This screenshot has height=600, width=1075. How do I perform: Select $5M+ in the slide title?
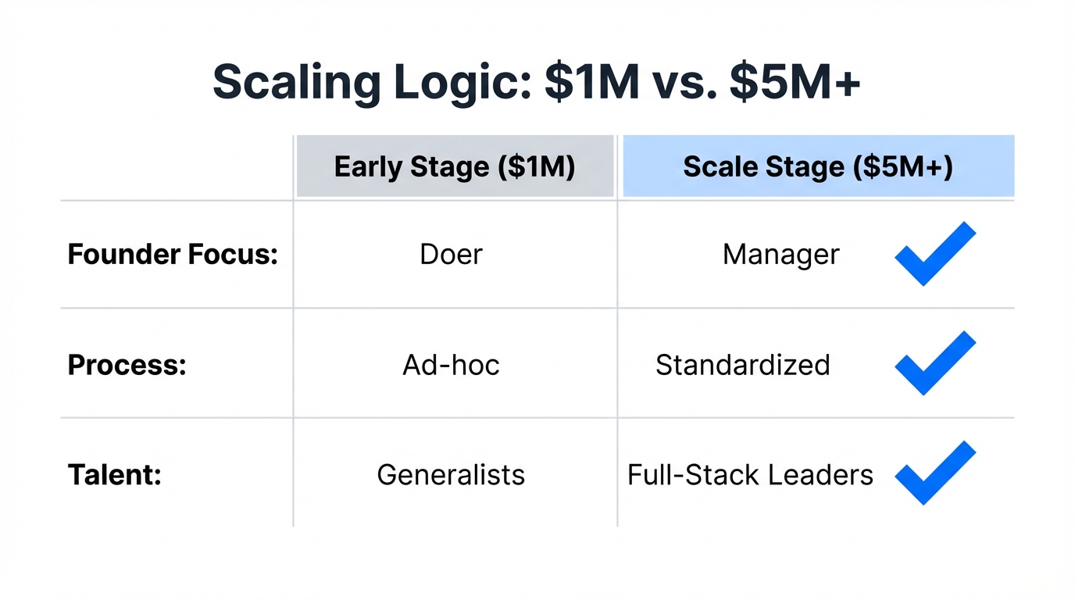[795, 82]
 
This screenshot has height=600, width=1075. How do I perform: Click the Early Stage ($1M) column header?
[455, 167]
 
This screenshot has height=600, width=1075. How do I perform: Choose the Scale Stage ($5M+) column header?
[818, 167]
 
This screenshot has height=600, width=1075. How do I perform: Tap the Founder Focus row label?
[173, 255]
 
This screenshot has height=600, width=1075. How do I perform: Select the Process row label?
[127, 365]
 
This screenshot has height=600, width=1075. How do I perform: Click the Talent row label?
[115, 475]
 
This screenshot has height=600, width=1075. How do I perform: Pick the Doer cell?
[452, 255]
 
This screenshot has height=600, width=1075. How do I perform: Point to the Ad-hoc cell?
[452, 365]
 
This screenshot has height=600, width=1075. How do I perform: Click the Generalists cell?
[451, 475]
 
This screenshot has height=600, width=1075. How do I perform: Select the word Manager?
[780, 255]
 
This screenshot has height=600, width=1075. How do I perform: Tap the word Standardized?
[742, 365]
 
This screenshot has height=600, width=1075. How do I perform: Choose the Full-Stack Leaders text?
[750, 475]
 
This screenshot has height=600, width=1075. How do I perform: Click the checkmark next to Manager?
[934, 255]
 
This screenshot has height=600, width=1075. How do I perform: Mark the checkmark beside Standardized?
[934, 364]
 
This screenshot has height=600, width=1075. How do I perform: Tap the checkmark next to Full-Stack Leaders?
[934, 473]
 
